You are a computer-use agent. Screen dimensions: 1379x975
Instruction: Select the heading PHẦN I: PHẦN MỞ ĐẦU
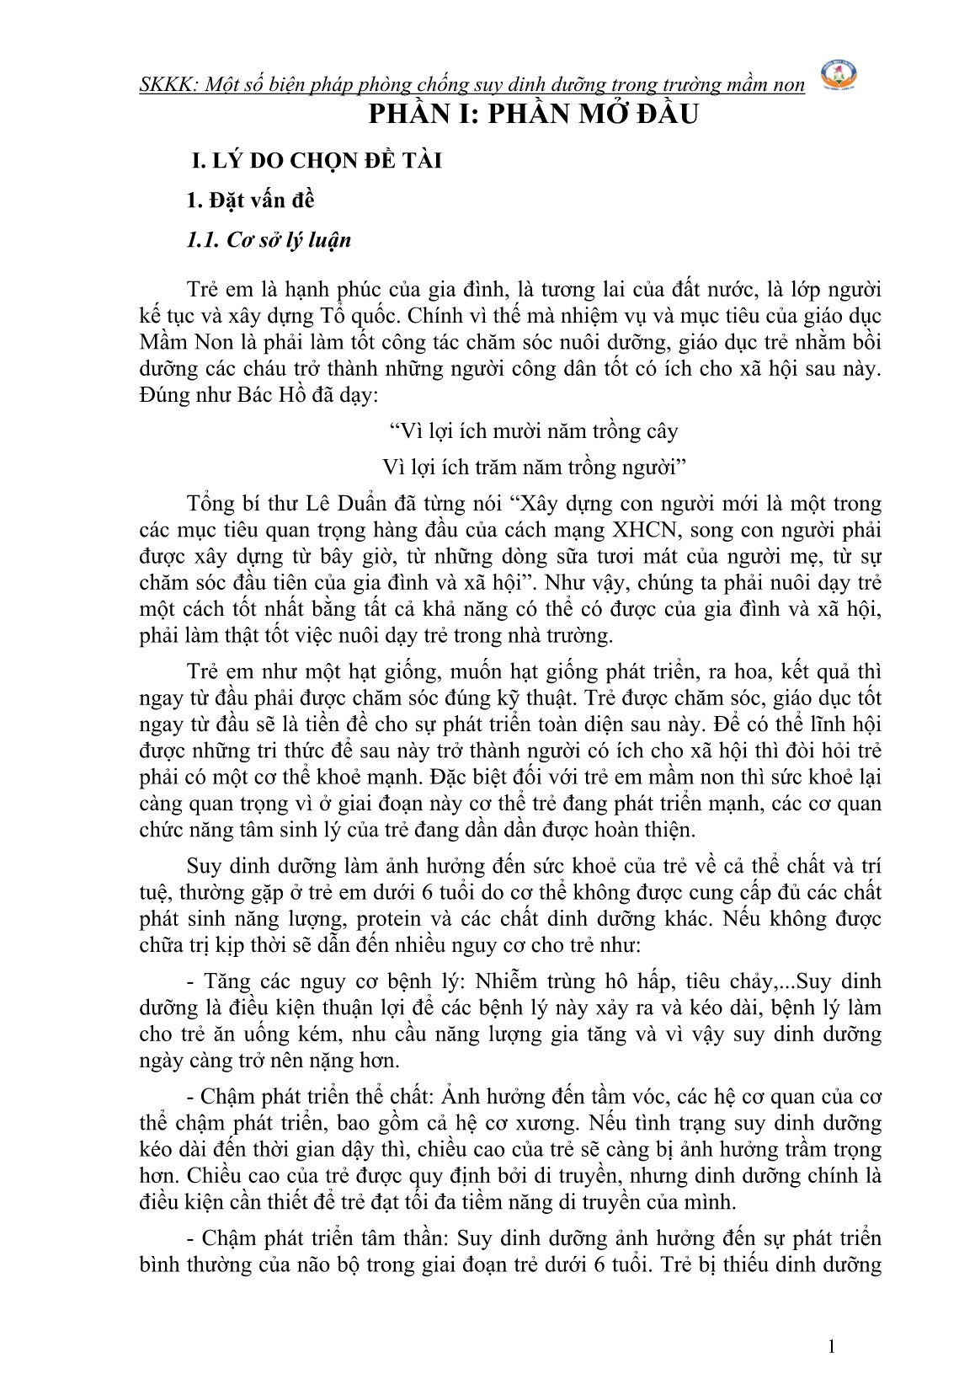[535, 114]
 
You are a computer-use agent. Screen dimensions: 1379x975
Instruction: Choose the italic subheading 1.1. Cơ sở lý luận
[269, 240]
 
